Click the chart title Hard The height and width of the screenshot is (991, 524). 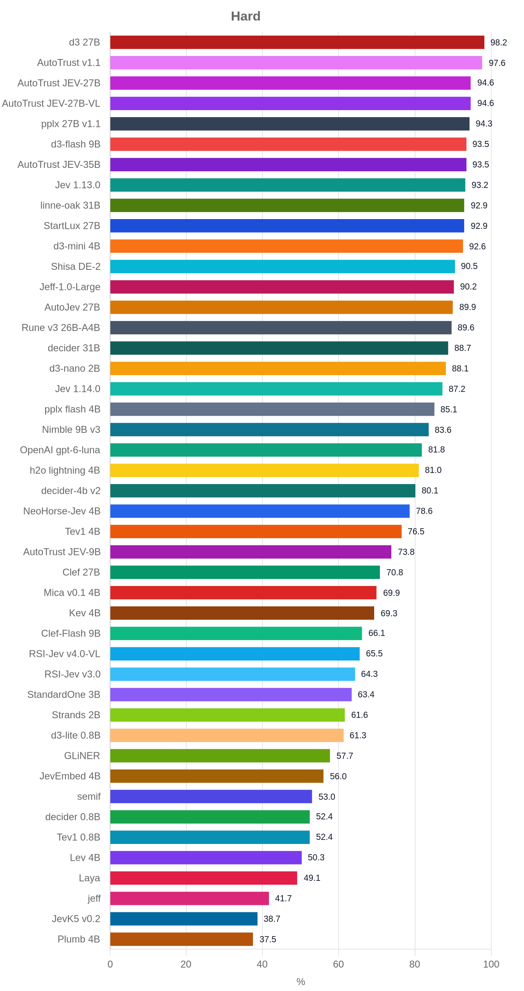(x=246, y=16)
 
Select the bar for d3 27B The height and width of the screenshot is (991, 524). (x=297, y=42)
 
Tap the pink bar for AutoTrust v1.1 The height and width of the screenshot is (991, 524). (x=296, y=63)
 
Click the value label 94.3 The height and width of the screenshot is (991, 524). (x=484, y=124)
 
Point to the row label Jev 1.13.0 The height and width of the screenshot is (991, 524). (x=78, y=185)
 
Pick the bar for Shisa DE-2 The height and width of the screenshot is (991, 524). (x=282, y=267)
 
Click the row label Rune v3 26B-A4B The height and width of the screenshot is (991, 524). (x=61, y=328)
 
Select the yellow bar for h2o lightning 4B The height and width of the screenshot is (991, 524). (x=264, y=470)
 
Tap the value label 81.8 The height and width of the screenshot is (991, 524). (x=436, y=450)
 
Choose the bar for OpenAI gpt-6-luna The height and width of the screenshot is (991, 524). (x=266, y=450)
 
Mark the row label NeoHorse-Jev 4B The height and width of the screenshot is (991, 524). (x=62, y=511)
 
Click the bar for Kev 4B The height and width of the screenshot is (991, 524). (x=242, y=613)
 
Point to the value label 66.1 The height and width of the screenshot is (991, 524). (x=377, y=633)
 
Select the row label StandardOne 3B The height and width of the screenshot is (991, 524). (x=64, y=695)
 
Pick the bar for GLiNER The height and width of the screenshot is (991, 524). (x=220, y=756)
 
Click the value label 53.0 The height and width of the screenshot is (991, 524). (x=327, y=796)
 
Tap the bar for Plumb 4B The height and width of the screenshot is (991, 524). (x=182, y=939)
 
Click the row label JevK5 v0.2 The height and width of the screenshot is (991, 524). (x=76, y=919)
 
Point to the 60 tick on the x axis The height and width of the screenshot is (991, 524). (x=339, y=964)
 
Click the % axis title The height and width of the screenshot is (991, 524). (x=301, y=982)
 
